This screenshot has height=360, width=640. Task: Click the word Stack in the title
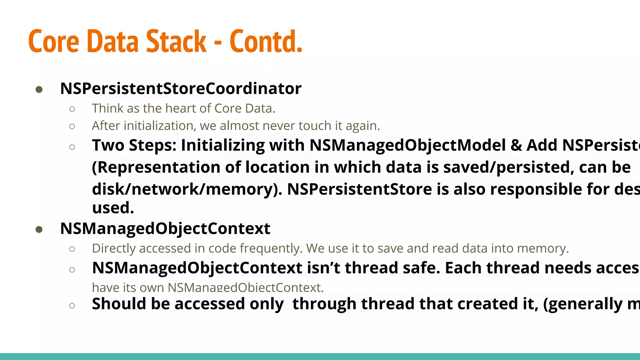pyautogui.click(x=176, y=42)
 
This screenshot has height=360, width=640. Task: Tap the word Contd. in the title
pyautogui.click(x=266, y=42)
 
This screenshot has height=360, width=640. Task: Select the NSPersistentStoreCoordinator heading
pyautogui.click(x=181, y=88)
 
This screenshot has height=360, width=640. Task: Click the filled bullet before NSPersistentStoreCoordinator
pyautogui.click(x=39, y=90)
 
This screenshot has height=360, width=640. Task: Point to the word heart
pyautogui.click(x=181, y=108)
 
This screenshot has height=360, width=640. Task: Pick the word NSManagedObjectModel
pyautogui.click(x=407, y=145)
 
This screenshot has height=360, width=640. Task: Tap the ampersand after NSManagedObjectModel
pyautogui.click(x=516, y=145)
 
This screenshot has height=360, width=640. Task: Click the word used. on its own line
pyautogui.click(x=113, y=208)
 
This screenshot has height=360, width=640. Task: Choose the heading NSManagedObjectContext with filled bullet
pyautogui.click(x=165, y=228)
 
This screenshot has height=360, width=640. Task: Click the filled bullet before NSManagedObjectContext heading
pyautogui.click(x=39, y=230)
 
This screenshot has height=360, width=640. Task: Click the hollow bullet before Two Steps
pyautogui.click(x=72, y=147)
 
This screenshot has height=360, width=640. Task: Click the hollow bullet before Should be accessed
pyautogui.click(x=72, y=305)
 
